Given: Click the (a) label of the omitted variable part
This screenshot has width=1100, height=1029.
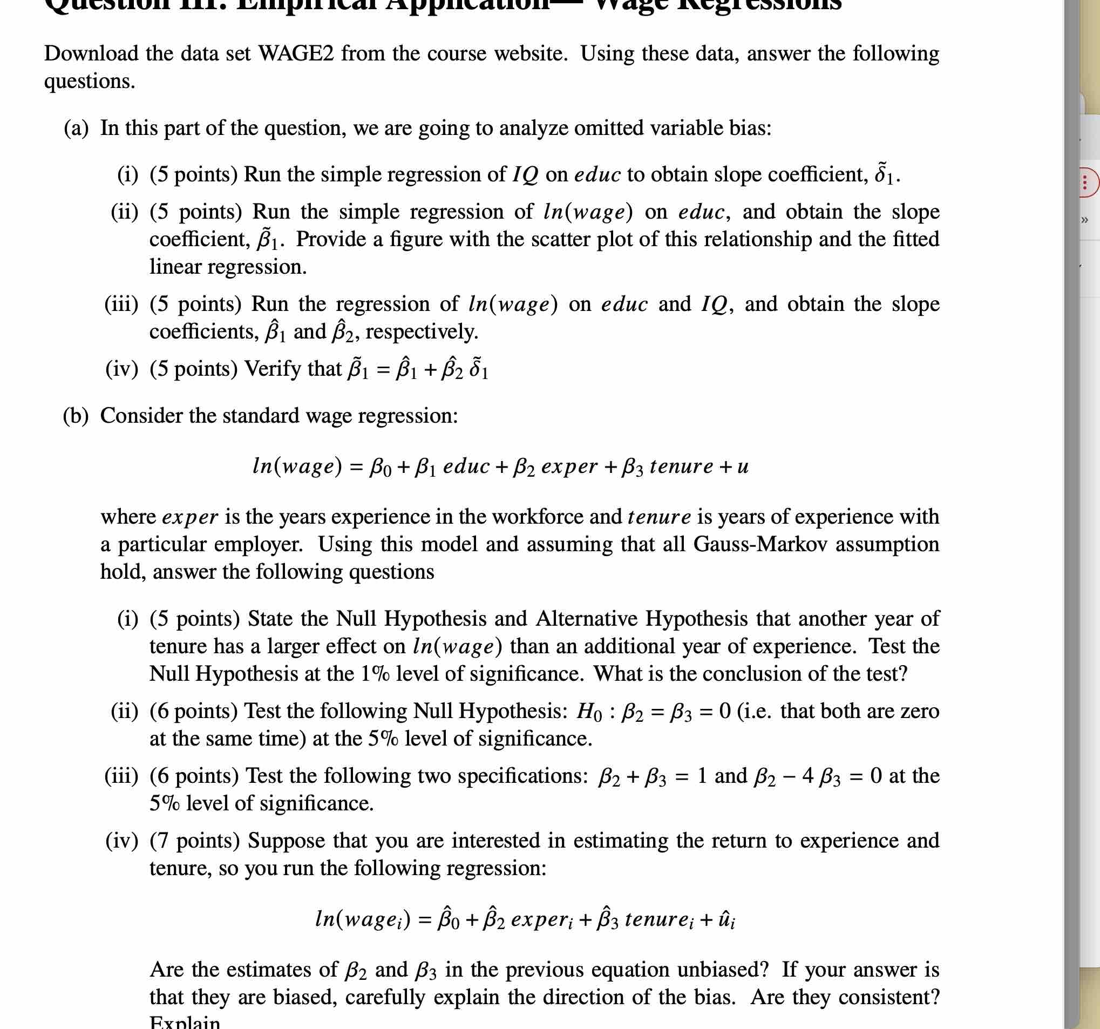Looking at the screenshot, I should pos(76,128).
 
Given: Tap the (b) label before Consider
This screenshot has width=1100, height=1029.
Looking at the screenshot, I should pos(76,416).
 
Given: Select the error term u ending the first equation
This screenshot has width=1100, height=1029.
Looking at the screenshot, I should pos(743,466).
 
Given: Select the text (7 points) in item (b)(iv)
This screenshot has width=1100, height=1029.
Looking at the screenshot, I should pos(195,841).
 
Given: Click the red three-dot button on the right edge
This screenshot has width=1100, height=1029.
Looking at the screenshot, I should pos(1085,182).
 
